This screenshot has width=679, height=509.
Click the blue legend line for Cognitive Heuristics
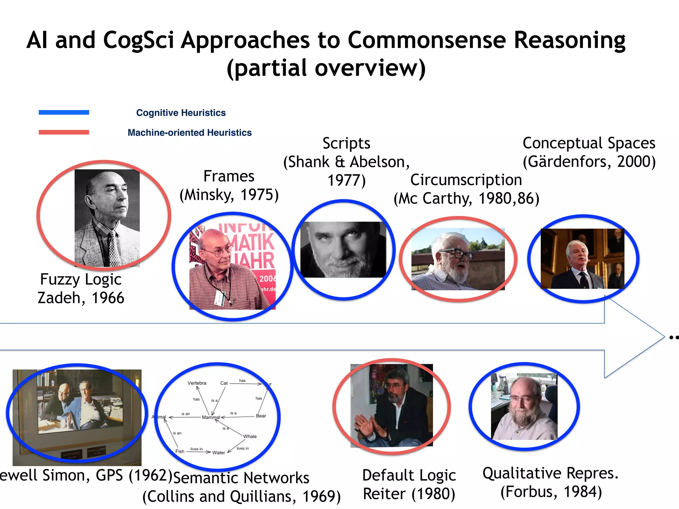(64, 112)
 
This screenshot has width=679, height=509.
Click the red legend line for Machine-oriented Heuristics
(64, 132)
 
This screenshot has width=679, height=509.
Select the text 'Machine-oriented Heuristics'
(190, 133)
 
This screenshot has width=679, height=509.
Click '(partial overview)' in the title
(326, 68)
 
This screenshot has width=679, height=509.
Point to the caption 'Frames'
(229, 176)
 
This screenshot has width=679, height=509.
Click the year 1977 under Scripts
(346, 181)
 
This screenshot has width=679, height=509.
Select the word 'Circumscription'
(466, 180)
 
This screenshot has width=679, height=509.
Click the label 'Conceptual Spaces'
(589, 143)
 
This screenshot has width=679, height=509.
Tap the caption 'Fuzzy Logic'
(81, 279)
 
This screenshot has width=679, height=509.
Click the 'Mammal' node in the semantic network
(211, 417)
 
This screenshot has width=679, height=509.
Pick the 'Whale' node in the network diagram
(250, 436)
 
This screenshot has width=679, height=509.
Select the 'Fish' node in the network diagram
(180, 451)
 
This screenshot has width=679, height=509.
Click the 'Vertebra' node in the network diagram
(197, 383)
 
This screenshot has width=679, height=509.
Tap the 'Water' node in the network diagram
(218, 453)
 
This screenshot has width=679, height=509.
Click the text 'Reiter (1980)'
(409, 494)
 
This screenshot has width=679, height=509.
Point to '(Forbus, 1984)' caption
(551, 492)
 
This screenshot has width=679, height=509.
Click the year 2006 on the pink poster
(267, 279)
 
